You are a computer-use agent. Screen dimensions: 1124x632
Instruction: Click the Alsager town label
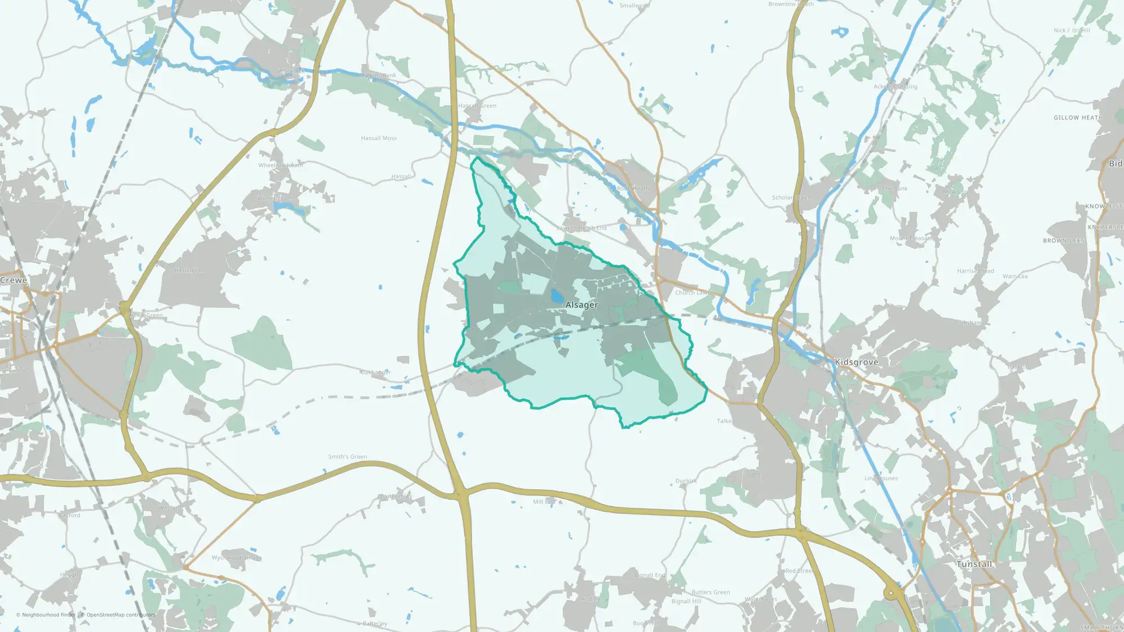click(x=581, y=305)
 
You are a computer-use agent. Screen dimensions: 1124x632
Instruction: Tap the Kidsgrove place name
click(x=856, y=362)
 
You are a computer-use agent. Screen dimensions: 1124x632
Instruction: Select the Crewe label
click(x=13, y=280)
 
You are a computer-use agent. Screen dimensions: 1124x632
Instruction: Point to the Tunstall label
click(x=974, y=564)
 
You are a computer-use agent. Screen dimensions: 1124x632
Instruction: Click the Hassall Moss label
click(x=378, y=138)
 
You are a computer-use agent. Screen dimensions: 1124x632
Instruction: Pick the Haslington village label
click(x=189, y=270)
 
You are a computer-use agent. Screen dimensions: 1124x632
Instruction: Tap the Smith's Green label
click(x=347, y=457)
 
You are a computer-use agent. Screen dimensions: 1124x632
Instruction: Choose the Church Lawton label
click(x=695, y=293)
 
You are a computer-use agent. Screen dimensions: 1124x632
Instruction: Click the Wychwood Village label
click(x=236, y=558)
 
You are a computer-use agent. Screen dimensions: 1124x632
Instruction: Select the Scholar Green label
click(x=791, y=198)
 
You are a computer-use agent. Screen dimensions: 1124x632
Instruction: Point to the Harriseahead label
click(x=975, y=271)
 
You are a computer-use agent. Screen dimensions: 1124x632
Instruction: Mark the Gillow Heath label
click(x=1077, y=118)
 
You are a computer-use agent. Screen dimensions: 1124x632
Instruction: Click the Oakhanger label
click(x=375, y=372)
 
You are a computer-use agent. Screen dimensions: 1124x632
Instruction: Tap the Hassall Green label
click(x=477, y=106)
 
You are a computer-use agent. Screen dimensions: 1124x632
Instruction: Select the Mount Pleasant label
click(x=910, y=239)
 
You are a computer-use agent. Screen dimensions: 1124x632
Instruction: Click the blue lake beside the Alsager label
click(x=556, y=296)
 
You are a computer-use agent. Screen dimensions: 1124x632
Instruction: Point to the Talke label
click(x=724, y=421)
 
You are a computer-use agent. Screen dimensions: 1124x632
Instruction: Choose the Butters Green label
click(x=710, y=592)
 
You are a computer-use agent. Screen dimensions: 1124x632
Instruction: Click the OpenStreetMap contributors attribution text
click(x=120, y=615)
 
